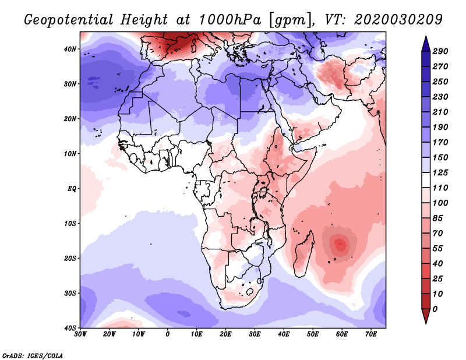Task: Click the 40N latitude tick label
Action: tap(70, 49)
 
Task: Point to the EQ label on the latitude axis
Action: tap(71, 189)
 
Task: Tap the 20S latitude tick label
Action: tap(70, 258)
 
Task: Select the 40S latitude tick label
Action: tap(70, 327)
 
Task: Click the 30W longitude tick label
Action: tap(80, 334)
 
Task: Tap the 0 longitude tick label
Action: tap(168, 334)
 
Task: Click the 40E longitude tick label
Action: tap(284, 334)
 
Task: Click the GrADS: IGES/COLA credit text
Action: tap(33, 355)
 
